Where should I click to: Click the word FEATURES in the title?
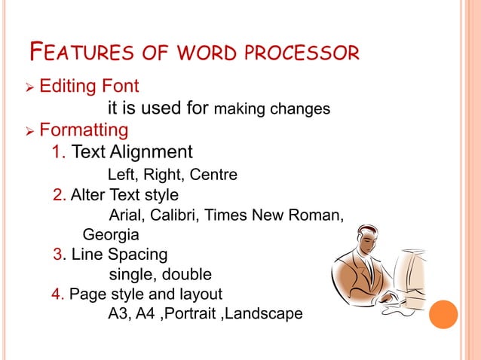point(75,53)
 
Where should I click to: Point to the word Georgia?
point(110,234)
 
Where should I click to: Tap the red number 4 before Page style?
point(57,293)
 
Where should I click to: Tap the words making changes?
point(272,109)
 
